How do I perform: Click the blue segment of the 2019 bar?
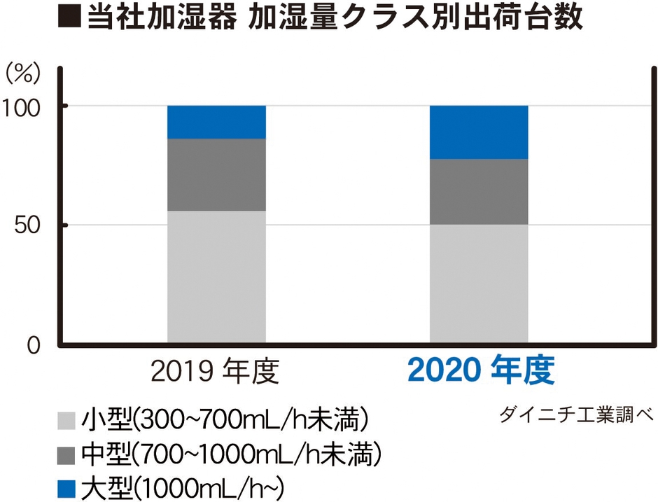(216, 122)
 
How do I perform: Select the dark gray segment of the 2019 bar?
(216, 174)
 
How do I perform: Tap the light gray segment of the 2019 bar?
(216, 277)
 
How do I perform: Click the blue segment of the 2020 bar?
(479, 132)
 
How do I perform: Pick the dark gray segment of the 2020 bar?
(479, 191)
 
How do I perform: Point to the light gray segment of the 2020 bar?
(479, 284)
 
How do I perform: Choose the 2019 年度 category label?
(216, 372)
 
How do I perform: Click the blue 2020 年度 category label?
(481, 371)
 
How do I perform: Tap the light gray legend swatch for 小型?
(66, 420)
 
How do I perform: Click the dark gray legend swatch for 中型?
(66, 454)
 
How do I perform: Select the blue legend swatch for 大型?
(66, 487)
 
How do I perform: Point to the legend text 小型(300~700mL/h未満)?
(224, 420)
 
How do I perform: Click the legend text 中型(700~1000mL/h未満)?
(231, 454)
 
